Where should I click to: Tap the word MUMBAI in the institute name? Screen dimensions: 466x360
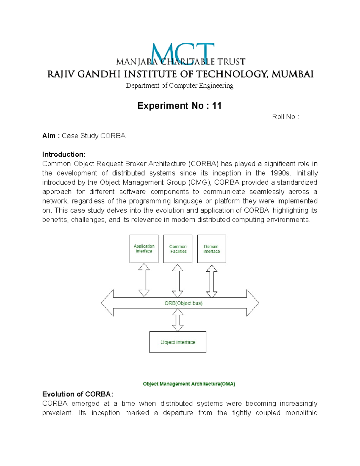point(292,74)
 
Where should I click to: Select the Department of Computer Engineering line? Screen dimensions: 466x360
point(179,86)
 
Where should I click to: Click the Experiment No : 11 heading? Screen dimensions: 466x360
point(179,106)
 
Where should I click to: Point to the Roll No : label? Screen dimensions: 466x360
point(285,117)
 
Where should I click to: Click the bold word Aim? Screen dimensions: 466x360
point(49,136)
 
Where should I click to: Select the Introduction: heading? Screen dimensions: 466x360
point(64,155)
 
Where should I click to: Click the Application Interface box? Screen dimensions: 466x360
point(144,249)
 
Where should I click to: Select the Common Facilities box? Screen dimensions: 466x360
point(178,249)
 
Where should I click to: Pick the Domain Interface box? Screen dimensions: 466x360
point(211,249)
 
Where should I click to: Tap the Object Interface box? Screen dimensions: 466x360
point(178,342)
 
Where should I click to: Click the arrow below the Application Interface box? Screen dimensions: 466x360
point(144,280)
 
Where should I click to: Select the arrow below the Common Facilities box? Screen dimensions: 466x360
point(178,281)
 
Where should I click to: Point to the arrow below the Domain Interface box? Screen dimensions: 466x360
point(212,281)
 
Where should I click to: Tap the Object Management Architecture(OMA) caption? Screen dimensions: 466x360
point(189,384)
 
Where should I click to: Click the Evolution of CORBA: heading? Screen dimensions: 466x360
point(78,394)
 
